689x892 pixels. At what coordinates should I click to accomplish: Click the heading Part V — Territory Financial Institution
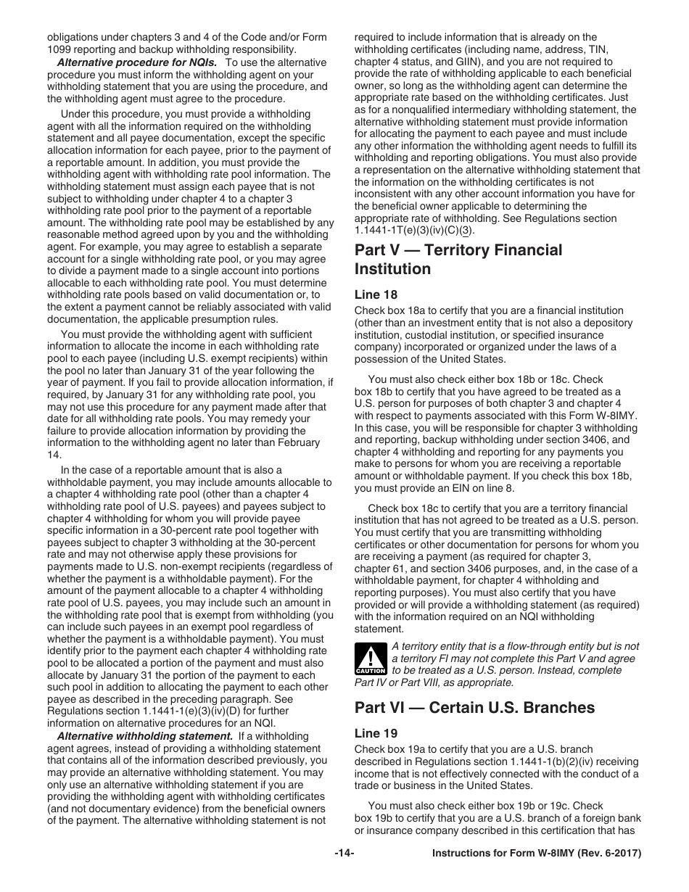pos(458,260)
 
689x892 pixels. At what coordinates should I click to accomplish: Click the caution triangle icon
pos(370,658)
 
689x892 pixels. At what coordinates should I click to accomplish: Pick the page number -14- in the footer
pos(344,854)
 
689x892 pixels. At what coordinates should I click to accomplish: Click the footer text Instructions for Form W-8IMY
pos(537,854)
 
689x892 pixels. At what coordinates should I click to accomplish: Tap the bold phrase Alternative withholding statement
pos(144,736)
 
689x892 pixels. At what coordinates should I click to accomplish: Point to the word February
pos(299,442)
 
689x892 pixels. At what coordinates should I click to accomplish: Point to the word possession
pos(384,359)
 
